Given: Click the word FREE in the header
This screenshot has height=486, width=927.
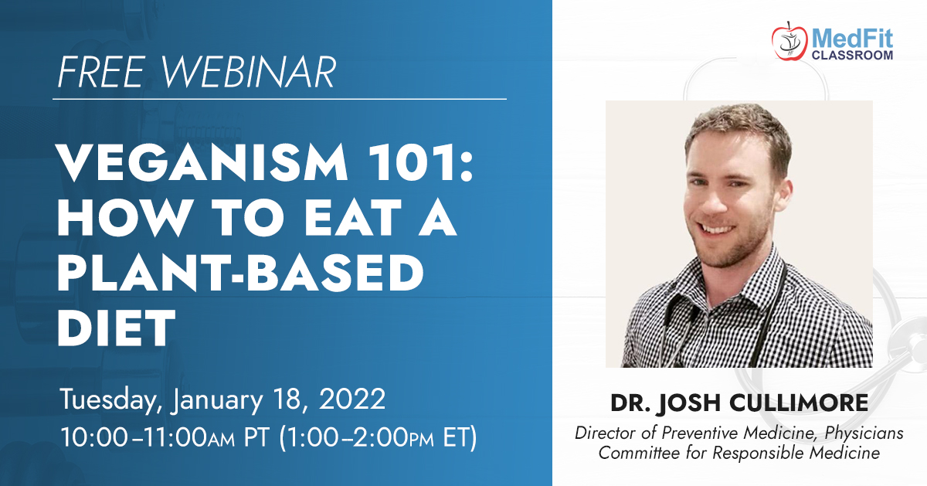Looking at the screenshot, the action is (x=101, y=72).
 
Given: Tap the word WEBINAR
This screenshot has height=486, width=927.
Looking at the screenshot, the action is (x=248, y=72).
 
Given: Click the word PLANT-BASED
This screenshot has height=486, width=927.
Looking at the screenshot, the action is (x=241, y=273).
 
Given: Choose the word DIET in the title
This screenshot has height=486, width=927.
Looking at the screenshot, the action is (x=117, y=328).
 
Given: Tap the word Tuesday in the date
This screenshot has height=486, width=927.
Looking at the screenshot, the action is (x=110, y=400).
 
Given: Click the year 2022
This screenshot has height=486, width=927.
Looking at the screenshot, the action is (x=352, y=399).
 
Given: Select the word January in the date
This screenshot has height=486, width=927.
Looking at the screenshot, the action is (x=217, y=400).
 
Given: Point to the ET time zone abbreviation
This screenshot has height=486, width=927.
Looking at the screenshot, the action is (x=455, y=437).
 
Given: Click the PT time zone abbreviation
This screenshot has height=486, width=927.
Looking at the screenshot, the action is (x=256, y=437).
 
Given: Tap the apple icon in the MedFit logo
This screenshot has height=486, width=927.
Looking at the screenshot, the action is (x=789, y=42).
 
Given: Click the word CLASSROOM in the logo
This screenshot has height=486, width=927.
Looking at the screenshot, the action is (x=852, y=55).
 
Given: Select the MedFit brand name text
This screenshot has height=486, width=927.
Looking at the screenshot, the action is (x=852, y=39).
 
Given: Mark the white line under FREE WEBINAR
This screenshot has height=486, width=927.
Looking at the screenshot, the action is (x=280, y=100).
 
